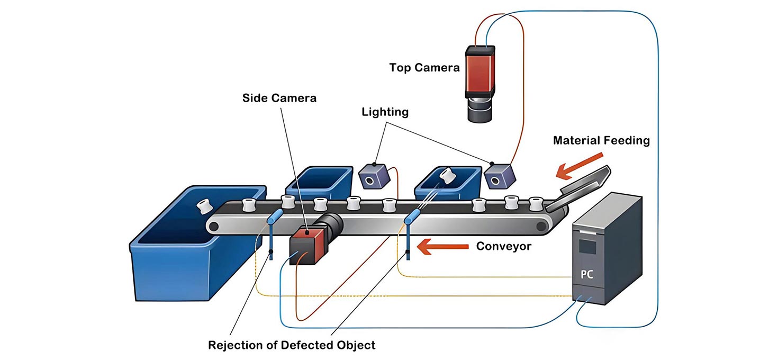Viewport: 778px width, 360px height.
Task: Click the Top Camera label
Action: tap(424, 68)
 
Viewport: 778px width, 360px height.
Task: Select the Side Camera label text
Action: tap(279, 98)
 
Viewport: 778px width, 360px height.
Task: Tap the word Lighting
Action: tap(385, 112)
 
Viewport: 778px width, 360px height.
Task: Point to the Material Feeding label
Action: tap(601, 140)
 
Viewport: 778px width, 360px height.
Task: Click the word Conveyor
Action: tap(503, 246)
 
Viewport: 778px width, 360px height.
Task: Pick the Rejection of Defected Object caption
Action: tap(292, 345)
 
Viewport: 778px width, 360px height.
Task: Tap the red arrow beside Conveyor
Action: tap(442, 246)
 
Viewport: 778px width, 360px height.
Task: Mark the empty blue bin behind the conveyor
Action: tap(319, 183)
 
